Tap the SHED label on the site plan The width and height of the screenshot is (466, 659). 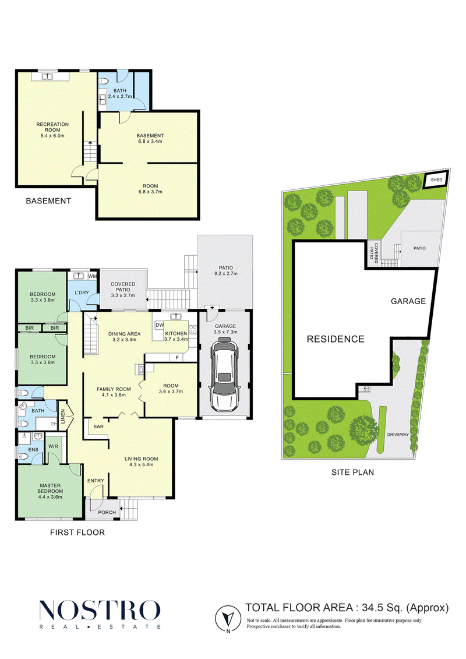pyautogui.click(x=437, y=180)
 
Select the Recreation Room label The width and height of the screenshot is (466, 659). pyautogui.click(x=52, y=127)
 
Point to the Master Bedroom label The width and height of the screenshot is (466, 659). pyautogui.click(x=51, y=488)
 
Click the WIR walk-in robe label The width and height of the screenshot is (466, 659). pyautogui.click(x=54, y=446)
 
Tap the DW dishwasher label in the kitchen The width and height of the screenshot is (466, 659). pyautogui.click(x=160, y=325)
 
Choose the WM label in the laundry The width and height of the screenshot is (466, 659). pyautogui.click(x=93, y=276)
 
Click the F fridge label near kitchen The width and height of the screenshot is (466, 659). pyautogui.click(x=177, y=357)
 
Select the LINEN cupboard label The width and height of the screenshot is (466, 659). pyautogui.click(x=63, y=416)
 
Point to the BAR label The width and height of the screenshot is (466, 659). pyautogui.click(x=98, y=427)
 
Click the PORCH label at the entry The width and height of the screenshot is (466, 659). pyautogui.click(x=107, y=512)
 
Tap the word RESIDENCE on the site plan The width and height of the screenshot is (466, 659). pyautogui.click(x=336, y=339)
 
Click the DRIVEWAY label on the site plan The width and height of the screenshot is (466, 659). pyautogui.click(x=398, y=435)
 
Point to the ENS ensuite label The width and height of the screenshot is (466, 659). pyautogui.click(x=33, y=450)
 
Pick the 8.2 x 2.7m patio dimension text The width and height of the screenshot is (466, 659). pyautogui.click(x=225, y=274)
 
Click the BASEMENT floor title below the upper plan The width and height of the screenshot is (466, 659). pyautogui.click(x=48, y=201)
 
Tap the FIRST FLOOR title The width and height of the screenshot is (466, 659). pyautogui.click(x=77, y=533)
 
